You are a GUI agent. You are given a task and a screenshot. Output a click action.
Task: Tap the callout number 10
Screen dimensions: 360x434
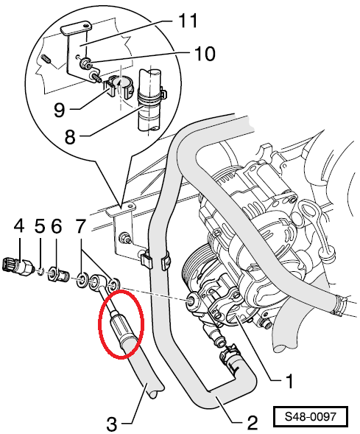point(205,53)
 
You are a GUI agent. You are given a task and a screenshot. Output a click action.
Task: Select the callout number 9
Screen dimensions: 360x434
point(59,110)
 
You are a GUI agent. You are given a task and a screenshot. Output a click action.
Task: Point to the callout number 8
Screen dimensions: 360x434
point(70,136)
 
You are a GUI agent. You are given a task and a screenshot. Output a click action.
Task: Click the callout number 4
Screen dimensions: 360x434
point(19,226)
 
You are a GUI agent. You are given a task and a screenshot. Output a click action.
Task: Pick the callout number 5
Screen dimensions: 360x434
point(40,226)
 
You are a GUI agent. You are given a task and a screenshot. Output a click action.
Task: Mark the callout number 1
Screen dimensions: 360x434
point(289,381)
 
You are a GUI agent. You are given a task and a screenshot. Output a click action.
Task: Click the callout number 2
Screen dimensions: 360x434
point(252,423)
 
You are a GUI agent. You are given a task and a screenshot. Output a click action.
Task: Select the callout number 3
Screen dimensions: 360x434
point(112,424)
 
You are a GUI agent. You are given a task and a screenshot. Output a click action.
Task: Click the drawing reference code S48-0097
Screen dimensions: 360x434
point(310,416)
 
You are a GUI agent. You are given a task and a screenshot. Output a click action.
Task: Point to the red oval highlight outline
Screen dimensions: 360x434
point(99,323)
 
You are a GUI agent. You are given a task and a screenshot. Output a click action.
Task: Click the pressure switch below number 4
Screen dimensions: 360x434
point(18,267)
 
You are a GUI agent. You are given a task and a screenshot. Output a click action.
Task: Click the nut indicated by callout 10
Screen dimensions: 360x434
point(84,64)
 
